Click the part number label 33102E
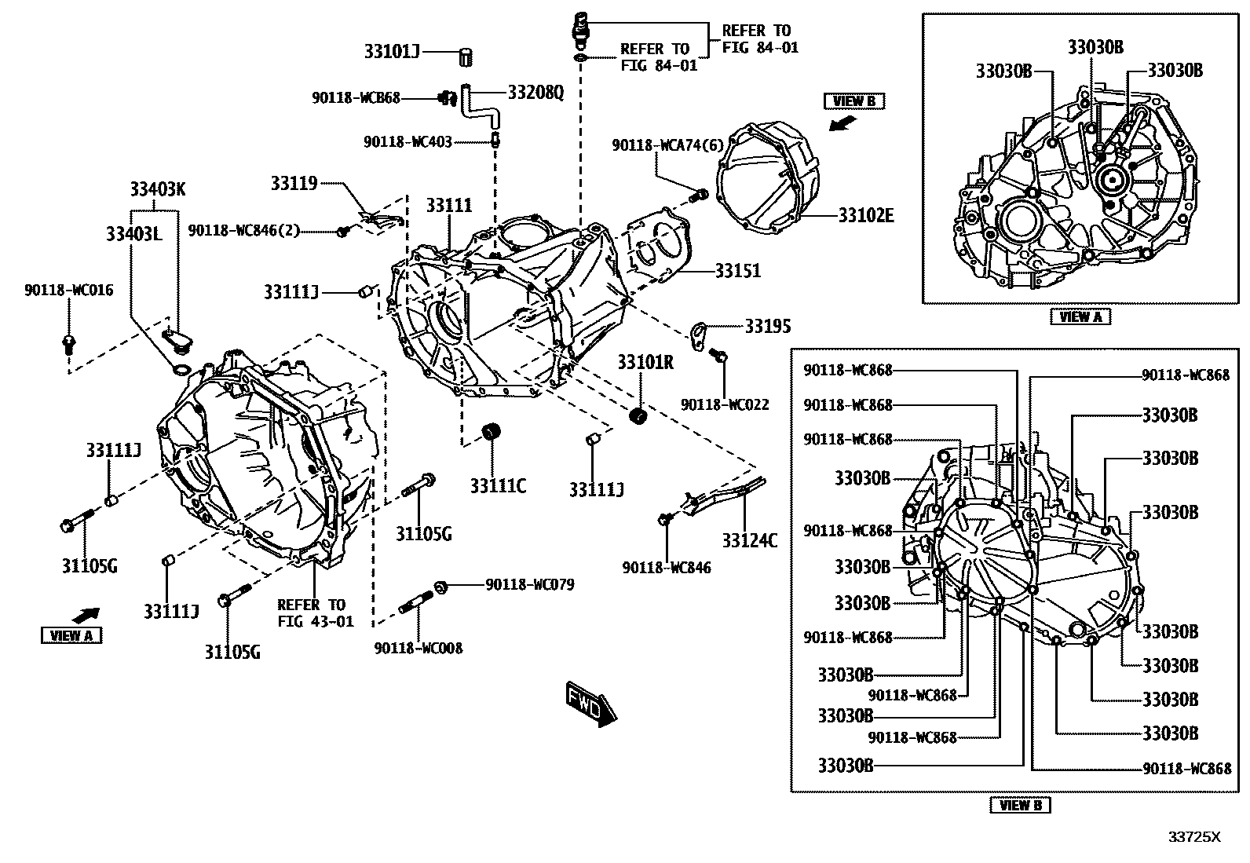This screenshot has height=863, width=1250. [866, 215]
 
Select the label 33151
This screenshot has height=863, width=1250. [737, 271]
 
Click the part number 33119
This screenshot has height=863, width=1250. [294, 184]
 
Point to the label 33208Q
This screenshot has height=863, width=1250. [535, 93]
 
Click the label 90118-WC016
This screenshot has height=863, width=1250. [68, 291]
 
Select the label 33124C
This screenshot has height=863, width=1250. [750, 540]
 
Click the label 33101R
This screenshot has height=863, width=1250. [645, 363]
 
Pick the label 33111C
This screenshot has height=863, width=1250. [498, 487]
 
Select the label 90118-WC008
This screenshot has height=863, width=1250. [418, 648]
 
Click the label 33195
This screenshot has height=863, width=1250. [768, 325]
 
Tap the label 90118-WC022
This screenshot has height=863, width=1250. [725, 404]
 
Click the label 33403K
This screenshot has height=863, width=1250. [158, 190]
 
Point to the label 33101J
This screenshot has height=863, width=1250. [392, 53]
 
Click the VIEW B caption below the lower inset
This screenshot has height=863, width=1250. [1020, 805]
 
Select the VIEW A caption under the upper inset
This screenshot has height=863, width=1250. [1080, 316]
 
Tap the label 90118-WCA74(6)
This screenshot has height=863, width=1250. [667, 145]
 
